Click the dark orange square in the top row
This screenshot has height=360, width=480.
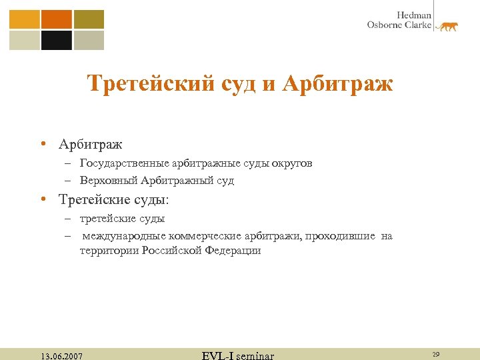click(57, 19)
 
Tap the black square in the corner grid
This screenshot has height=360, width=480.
click(57, 41)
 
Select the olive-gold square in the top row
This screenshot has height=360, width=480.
click(89, 19)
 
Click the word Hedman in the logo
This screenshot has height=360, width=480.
click(415, 15)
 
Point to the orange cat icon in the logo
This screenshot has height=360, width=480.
click(447, 27)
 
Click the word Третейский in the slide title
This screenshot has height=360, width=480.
click(151, 84)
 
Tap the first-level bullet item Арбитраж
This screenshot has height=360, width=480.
click(91, 144)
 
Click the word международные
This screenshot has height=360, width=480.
click(125, 236)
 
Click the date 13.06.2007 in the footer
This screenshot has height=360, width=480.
click(61, 356)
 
